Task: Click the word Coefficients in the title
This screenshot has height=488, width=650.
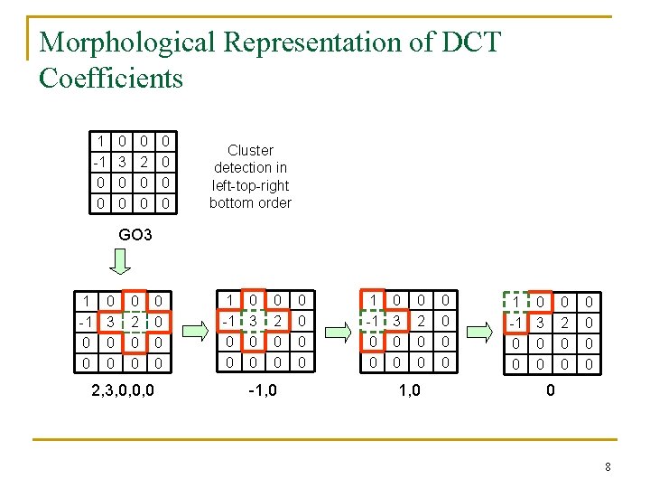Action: [111, 78]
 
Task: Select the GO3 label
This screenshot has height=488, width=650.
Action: [136, 235]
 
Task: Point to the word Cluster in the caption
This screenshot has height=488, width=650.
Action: [250, 150]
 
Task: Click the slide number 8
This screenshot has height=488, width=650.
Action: [608, 467]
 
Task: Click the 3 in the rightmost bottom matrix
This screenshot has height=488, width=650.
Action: [540, 323]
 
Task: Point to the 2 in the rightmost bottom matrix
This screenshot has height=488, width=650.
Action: [566, 323]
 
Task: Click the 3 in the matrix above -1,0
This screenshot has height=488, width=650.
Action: [254, 321]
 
